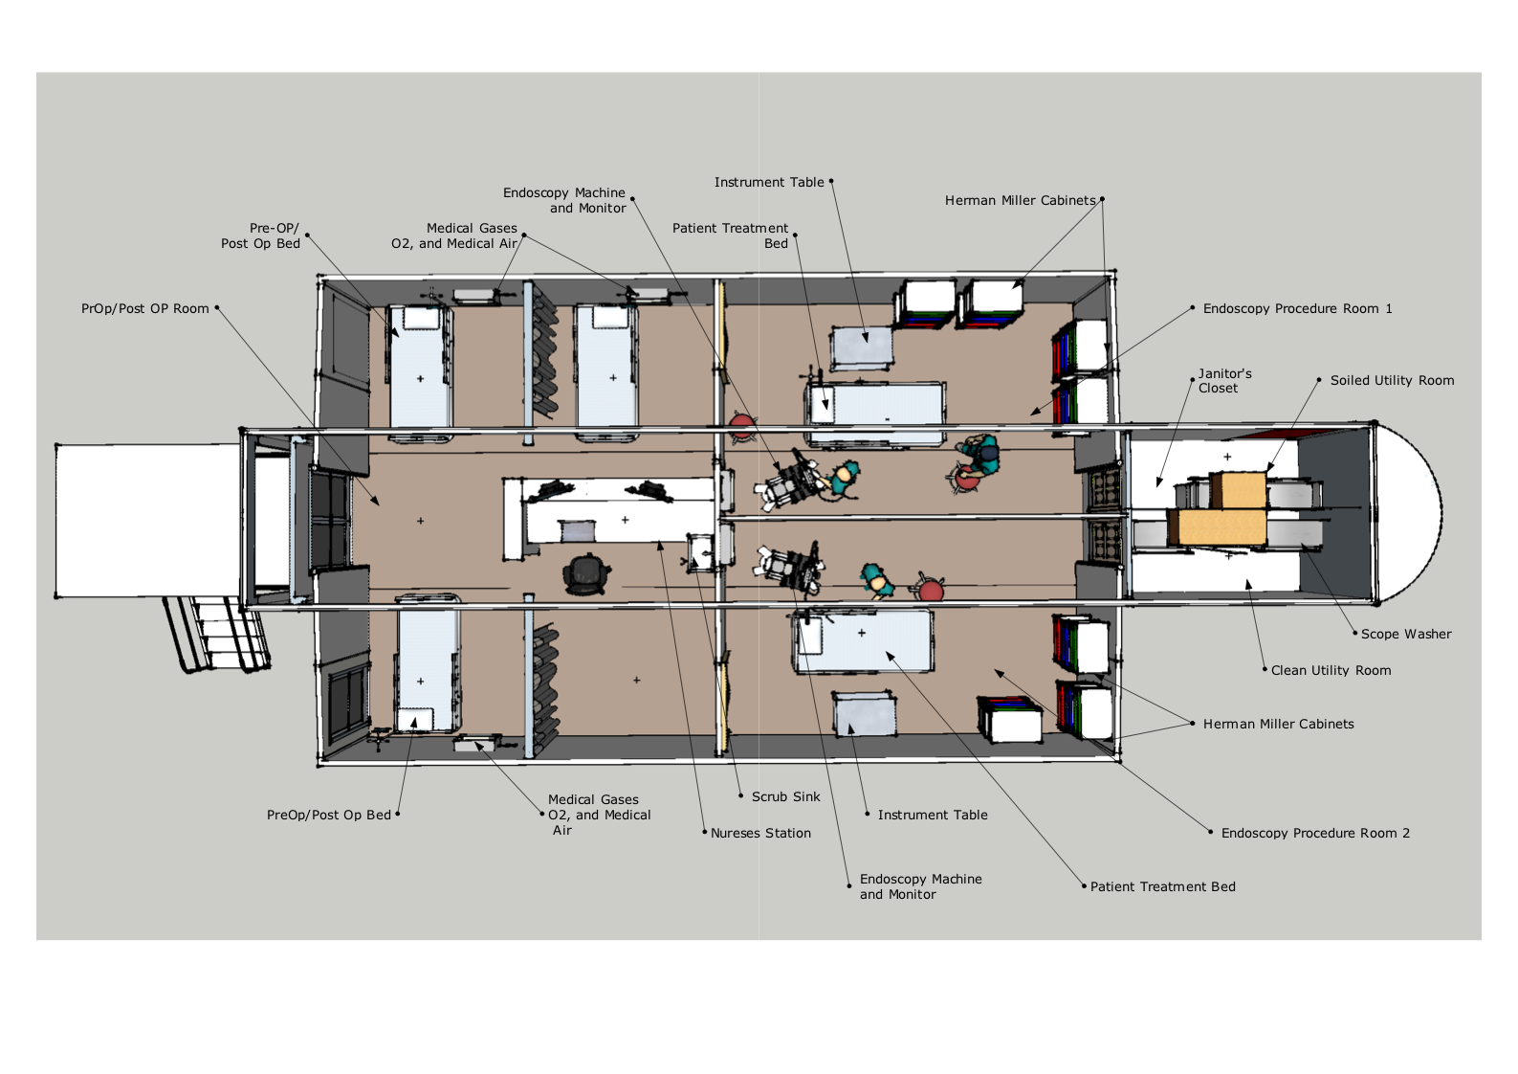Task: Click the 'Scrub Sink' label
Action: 785,796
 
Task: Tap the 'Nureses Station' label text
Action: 760,834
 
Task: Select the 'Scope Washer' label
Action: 1406,634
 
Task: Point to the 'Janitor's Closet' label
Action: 1224,381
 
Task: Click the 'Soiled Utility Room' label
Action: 1392,380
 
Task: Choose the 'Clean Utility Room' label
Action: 1331,671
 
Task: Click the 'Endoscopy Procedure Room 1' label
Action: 1297,308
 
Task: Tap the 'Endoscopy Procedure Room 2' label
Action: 1315,834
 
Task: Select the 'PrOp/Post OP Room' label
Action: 145,308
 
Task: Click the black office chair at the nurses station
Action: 586,574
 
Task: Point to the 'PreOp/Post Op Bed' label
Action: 329,815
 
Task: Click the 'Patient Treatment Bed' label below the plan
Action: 1162,886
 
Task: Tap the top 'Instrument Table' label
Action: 769,183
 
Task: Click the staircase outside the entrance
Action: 217,634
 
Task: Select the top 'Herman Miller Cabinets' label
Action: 1020,201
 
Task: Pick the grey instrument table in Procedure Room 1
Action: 861,347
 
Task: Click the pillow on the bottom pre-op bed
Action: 415,719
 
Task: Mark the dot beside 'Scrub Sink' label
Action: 740,796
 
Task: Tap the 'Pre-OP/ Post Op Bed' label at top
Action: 260,235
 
